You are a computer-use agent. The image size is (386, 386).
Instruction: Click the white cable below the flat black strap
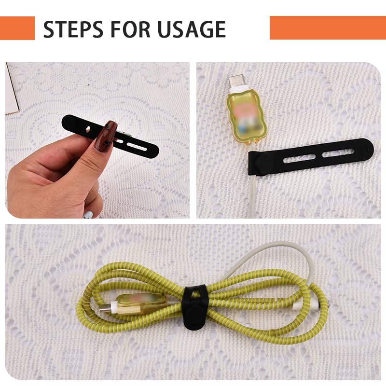coord(254,193)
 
